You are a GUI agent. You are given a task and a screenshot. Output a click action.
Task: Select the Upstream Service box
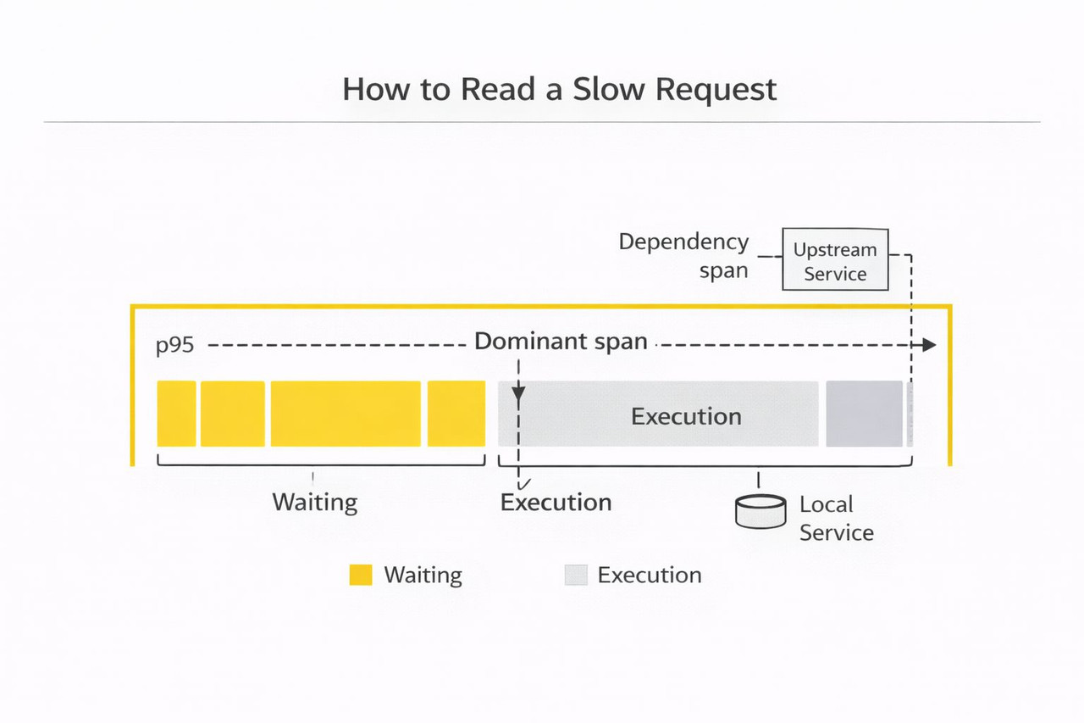click(835, 260)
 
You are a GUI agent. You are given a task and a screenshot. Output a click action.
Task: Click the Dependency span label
click(683, 256)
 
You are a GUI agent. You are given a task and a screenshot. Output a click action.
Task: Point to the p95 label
click(175, 345)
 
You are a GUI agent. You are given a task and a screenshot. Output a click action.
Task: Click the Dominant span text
click(561, 342)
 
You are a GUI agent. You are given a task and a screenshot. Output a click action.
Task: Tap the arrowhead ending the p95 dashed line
click(929, 345)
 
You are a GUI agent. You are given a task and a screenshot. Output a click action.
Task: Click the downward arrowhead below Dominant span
click(519, 393)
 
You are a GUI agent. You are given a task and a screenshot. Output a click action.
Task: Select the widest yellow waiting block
click(346, 414)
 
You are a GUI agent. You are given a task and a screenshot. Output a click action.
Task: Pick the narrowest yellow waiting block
click(176, 414)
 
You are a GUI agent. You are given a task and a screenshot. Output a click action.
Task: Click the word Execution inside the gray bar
click(686, 416)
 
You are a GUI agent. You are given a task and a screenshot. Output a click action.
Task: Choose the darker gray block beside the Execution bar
click(864, 414)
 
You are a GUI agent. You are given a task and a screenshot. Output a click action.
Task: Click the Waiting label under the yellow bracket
click(315, 502)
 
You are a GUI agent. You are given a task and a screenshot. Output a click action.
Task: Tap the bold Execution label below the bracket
click(556, 503)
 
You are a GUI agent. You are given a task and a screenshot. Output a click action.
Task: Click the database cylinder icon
click(760, 512)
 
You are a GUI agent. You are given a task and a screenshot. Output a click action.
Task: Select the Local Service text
click(836, 519)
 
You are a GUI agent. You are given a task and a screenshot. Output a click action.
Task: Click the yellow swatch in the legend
click(361, 576)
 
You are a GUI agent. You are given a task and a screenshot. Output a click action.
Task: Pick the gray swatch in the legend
click(576, 576)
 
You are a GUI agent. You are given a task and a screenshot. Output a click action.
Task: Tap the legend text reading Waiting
click(423, 576)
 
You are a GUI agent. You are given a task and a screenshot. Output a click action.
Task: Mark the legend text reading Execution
click(650, 576)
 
